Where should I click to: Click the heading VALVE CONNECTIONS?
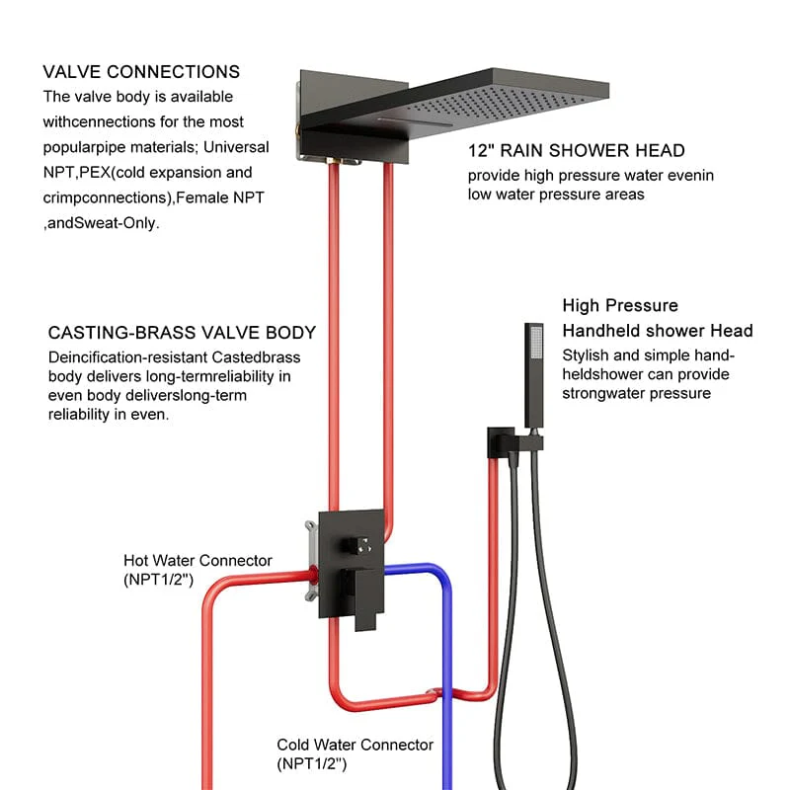pos(141,72)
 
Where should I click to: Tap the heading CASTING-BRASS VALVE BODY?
pos(182,333)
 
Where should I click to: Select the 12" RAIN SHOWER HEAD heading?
pos(577,151)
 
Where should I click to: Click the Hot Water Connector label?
pos(197,561)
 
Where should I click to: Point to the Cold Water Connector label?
pos(355,745)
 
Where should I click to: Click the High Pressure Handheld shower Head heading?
pos(658,318)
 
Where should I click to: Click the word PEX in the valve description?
pos(87,171)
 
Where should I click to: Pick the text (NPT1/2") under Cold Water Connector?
pos(312,763)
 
